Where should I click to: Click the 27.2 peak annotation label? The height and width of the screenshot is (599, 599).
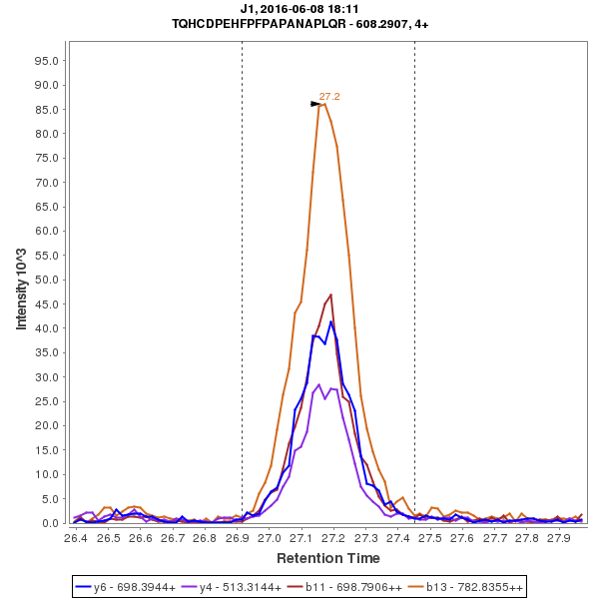coord(329,97)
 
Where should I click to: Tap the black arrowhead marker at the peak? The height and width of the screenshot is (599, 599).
coord(315,103)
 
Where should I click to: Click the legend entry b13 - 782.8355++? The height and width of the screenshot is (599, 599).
coord(461,586)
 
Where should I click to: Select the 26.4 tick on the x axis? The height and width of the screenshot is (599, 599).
coord(76,537)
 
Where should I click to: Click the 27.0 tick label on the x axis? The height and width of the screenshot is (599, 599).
coord(269,537)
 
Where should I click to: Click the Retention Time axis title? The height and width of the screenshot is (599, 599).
coord(327,557)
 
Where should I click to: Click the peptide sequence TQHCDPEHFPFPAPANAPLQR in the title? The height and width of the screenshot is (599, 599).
coord(263,23)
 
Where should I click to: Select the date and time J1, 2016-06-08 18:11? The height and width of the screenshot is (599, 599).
coord(299,9)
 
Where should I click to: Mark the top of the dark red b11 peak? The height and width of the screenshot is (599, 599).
coord(330,295)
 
